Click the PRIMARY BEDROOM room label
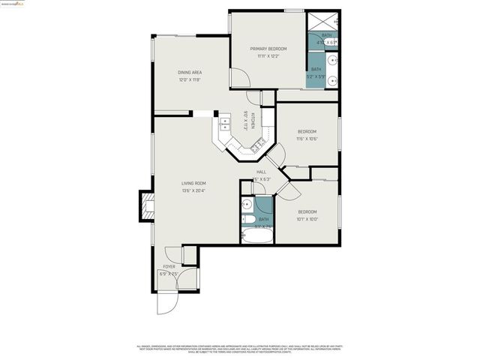coord(268,49)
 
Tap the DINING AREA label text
coord(190,73)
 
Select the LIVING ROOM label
coord(193,183)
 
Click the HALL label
coord(261,172)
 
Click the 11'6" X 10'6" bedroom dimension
coord(307,139)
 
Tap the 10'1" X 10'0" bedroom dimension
coord(307,219)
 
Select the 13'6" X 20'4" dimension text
coord(193,190)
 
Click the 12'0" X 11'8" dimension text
coord(190,80)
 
